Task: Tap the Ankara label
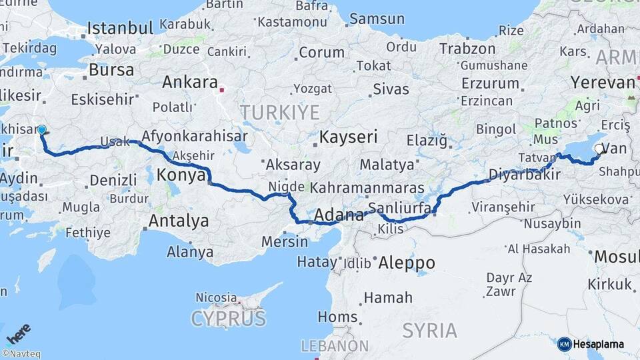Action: (190, 83)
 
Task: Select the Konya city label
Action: (181, 175)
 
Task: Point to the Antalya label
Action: (179, 221)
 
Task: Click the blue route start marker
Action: (42, 130)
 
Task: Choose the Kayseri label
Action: (348, 138)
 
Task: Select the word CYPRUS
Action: (229, 319)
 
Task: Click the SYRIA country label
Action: (430, 330)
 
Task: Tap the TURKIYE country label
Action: (280, 111)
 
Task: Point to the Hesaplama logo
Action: (591, 344)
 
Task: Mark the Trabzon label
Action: (466, 49)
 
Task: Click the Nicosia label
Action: (216, 297)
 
